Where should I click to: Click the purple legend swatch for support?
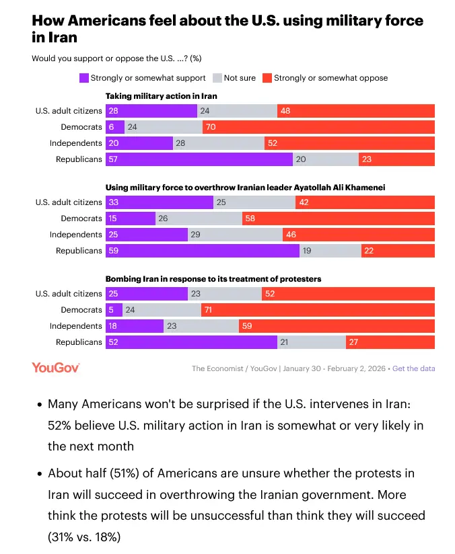coord(84,78)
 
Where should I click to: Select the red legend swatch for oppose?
coord(267,78)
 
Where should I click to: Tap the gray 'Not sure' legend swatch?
coord(217,78)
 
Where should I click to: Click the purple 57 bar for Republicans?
coord(199,159)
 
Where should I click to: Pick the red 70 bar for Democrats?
coord(318,127)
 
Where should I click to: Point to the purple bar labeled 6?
coord(114,127)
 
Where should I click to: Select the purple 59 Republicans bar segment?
coord(202,251)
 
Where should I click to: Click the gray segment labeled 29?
coord(235,235)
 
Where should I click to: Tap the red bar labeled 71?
coord(318,310)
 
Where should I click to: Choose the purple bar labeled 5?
coord(114,310)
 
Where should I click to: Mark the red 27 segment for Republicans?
coord(390,342)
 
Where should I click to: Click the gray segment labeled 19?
coord(330,251)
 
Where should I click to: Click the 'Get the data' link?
coord(413,368)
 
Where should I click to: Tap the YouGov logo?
coord(56,368)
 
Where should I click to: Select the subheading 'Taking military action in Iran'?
coord(161,96)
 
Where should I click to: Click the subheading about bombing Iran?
coord(213,279)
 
